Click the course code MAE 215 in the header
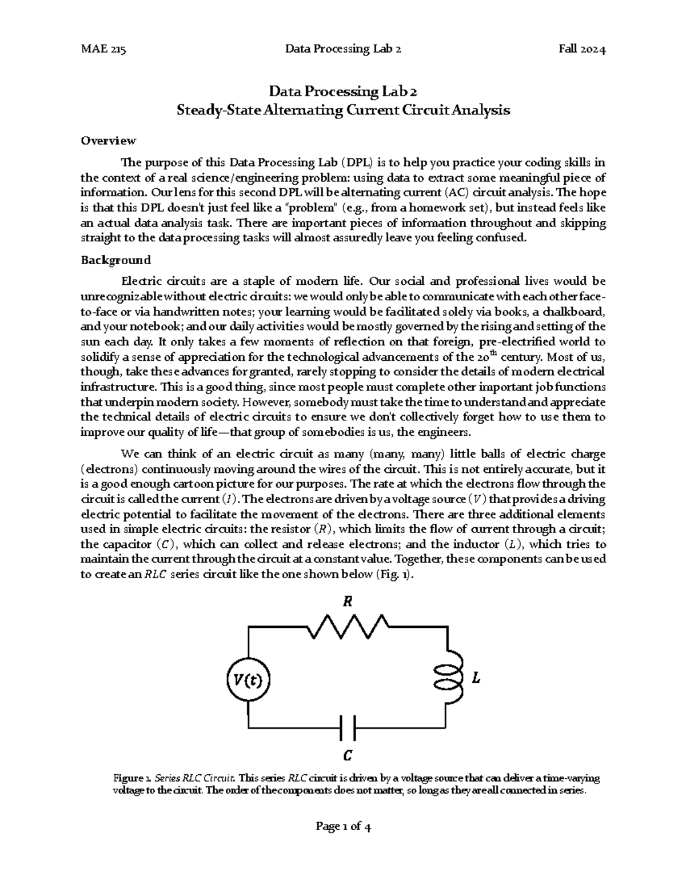pyautogui.click(x=103, y=49)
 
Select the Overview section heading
pyautogui.click(x=108, y=141)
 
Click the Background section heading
pyautogui.click(x=115, y=260)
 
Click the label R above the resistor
pyautogui.click(x=347, y=602)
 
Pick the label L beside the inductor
pyautogui.click(x=475, y=679)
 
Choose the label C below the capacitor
pyautogui.click(x=347, y=756)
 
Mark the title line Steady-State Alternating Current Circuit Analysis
pyautogui.click(x=343, y=110)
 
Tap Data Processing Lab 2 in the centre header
pyautogui.click(x=343, y=49)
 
